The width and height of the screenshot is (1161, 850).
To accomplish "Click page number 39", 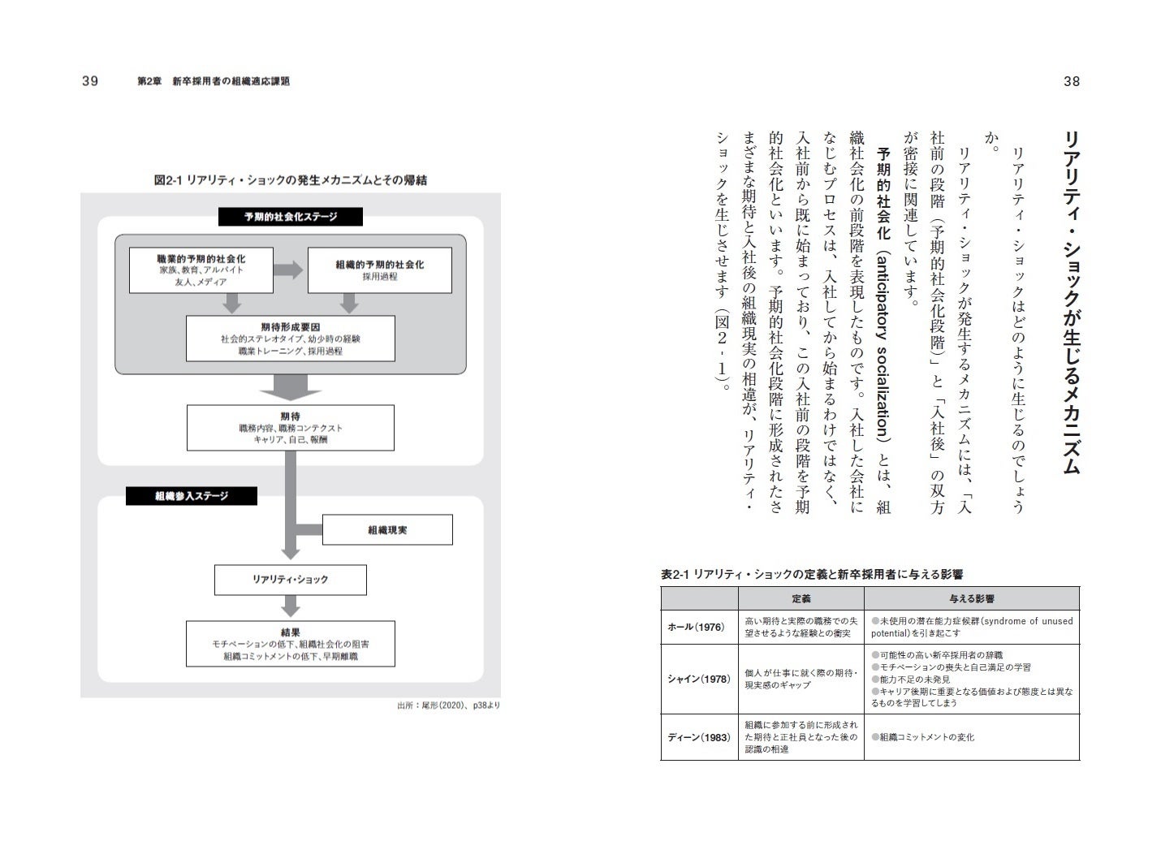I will tap(89, 81).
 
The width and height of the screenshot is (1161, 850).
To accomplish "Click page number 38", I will tap(1071, 81).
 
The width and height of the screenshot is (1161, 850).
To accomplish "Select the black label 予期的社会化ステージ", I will tap(290, 217).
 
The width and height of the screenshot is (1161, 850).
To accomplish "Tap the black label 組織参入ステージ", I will tap(192, 496).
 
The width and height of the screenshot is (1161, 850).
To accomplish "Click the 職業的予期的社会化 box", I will tap(201, 270).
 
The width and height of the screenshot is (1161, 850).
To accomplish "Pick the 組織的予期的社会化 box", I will tap(379, 270).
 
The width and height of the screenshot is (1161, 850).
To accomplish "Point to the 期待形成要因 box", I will tap(290, 339).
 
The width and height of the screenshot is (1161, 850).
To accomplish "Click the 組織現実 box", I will tap(387, 530).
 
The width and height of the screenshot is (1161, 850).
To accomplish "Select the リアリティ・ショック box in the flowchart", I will tap(290, 580).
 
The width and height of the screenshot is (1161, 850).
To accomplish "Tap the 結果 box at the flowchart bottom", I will tap(290, 644).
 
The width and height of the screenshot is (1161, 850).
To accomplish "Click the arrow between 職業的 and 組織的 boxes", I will tap(287, 270).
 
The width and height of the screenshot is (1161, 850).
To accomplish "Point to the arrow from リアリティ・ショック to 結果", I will tap(290, 606).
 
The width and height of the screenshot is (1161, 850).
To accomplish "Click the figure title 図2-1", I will tap(290, 180).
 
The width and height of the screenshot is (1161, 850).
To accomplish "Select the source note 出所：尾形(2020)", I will tap(448, 705).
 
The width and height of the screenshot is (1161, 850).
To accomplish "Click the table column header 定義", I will tap(801, 598).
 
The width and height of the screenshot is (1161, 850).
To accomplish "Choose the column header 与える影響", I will tap(971, 598).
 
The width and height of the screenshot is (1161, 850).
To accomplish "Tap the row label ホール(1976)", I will tap(696, 628).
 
